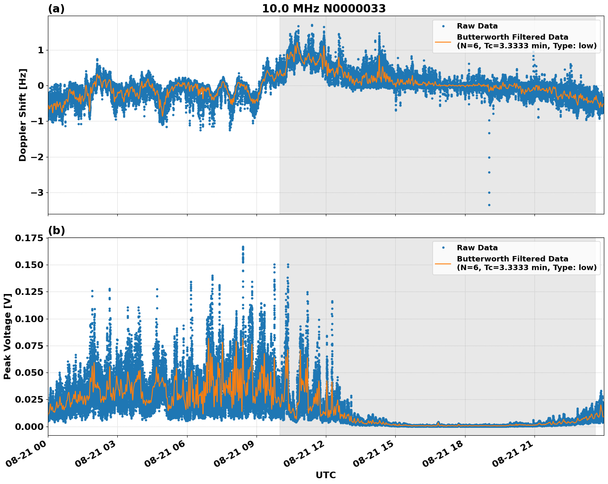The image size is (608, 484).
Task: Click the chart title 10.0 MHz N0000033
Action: (324, 9)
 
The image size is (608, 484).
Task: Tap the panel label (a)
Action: (56, 9)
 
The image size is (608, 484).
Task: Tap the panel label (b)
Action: (57, 230)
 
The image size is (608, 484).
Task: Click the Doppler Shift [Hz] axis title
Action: (23, 115)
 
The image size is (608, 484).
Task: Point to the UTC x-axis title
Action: (325, 475)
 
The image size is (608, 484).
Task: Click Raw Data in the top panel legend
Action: (477, 26)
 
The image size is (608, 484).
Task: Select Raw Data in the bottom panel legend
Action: (477, 248)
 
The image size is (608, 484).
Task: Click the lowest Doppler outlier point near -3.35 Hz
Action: (489, 205)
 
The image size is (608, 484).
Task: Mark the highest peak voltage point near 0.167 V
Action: (243, 247)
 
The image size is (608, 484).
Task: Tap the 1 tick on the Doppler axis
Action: (41, 50)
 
